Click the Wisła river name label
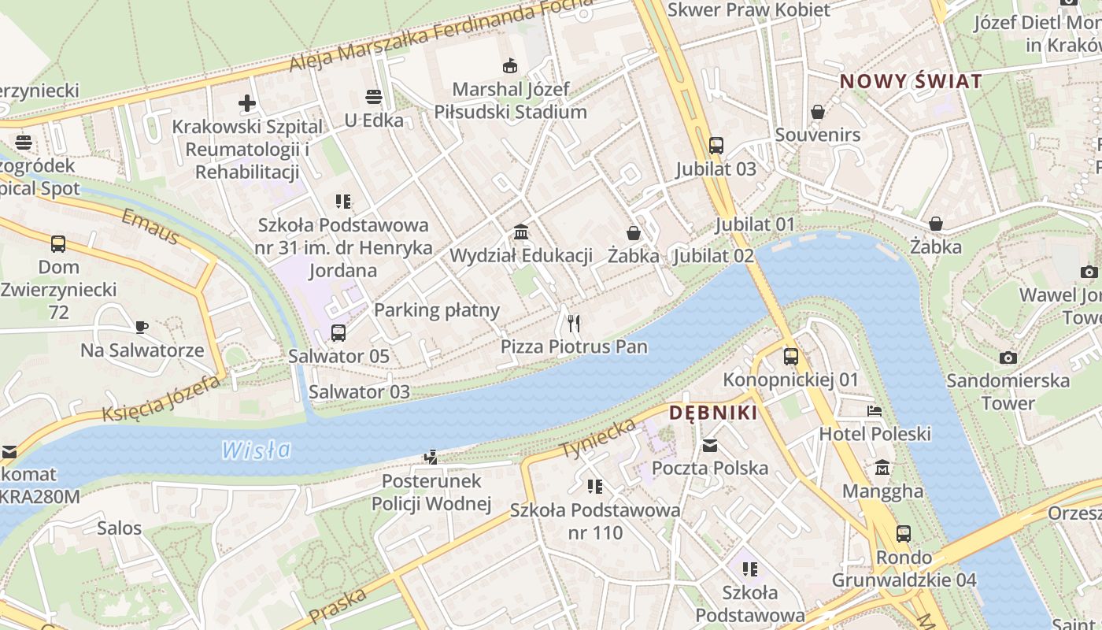pyautogui.click(x=256, y=450)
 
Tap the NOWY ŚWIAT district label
pyautogui.click(x=911, y=81)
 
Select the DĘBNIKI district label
pyautogui.click(x=713, y=413)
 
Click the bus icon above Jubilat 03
pyautogui.click(x=716, y=146)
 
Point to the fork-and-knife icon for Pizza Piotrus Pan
pyautogui.click(x=574, y=323)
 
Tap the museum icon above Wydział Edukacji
pyautogui.click(x=520, y=232)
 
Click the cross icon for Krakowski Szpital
pyautogui.click(x=247, y=103)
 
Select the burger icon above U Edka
pyautogui.click(x=374, y=97)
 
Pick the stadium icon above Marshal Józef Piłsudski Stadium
pyautogui.click(x=509, y=65)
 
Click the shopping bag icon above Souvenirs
pyautogui.click(x=818, y=112)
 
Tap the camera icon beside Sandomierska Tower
pyautogui.click(x=1008, y=358)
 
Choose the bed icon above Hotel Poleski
pyautogui.click(x=875, y=411)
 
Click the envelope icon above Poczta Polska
pyautogui.click(x=710, y=446)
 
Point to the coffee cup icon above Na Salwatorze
pyautogui.click(x=142, y=327)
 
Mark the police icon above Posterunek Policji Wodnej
pyautogui.click(x=431, y=457)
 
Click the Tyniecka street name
pyautogui.click(x=598, y=439)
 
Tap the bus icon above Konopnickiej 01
pyautogui.click(x=791, y=357)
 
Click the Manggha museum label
pyautogui.click(x=882, y=491)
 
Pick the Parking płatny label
pyautogui.click(x=437, y=309)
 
